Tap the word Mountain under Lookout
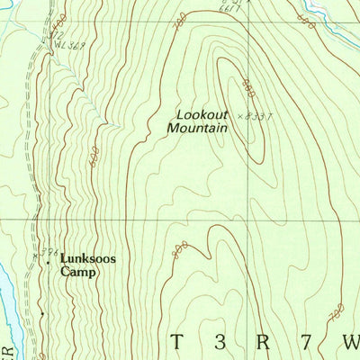click(197, 129)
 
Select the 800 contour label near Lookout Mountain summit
click(247, 87)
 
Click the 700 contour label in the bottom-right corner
click(337, 313)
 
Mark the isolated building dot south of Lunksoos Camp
click(40, 314)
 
